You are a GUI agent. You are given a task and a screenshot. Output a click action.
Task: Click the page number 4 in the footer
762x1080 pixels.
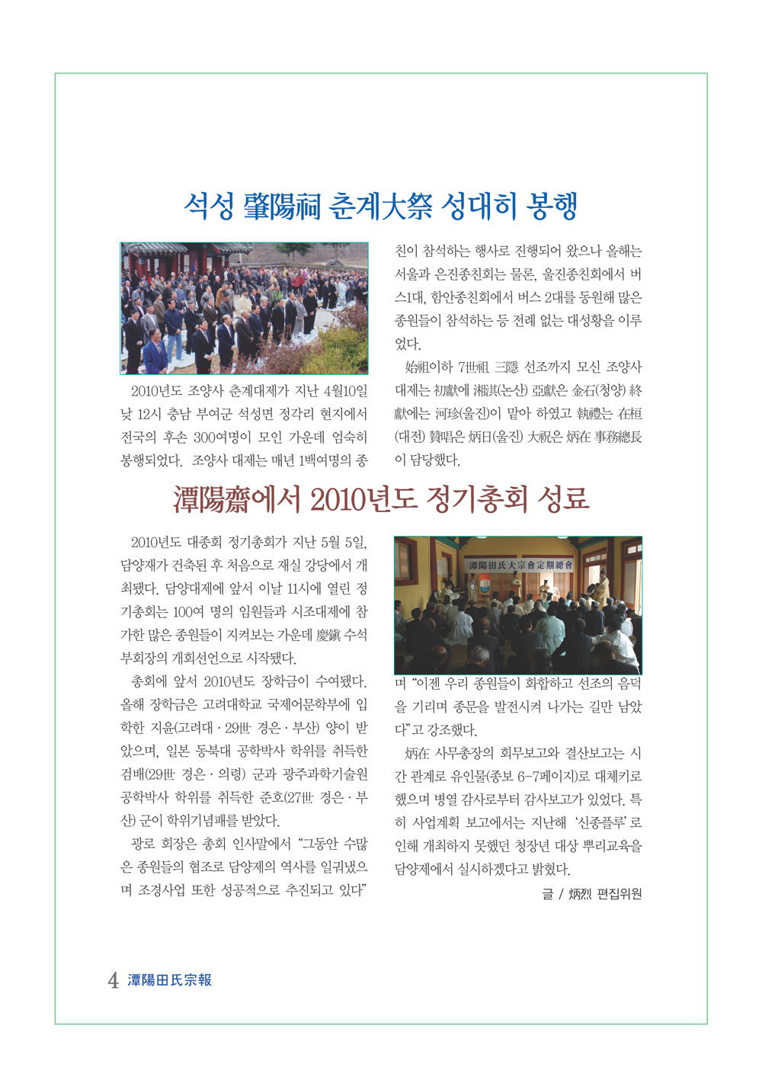113,981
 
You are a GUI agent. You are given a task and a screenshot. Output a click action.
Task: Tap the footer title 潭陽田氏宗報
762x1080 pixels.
169,981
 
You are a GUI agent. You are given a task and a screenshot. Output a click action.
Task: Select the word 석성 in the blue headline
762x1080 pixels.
209,206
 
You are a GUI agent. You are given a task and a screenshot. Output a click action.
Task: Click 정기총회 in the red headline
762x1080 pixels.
477,499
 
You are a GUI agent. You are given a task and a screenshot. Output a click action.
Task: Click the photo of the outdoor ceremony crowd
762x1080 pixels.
244,309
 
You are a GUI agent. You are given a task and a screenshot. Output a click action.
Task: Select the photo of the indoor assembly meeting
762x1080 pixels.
517,605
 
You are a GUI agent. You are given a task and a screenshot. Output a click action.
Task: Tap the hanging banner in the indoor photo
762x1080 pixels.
520,566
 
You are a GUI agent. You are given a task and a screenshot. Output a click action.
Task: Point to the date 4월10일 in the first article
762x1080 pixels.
345,391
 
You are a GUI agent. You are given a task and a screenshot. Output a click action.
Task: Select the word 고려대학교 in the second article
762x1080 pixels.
232,704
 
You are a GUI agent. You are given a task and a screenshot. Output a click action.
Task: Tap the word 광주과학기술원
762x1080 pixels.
325,774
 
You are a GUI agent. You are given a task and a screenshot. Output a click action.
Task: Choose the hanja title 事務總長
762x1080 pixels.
618,437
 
